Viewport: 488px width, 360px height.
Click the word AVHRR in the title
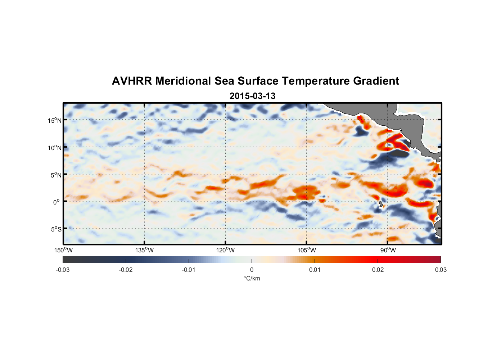click(132, 81)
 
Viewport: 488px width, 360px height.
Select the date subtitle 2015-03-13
click(252, 96)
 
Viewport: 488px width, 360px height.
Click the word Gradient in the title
click(376, 81)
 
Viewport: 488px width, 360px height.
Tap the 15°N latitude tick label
click(55, 120)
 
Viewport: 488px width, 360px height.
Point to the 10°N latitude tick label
click(55, 148)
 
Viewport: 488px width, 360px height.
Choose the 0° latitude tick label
click(56, 202)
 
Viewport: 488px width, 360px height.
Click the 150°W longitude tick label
click(63, 250)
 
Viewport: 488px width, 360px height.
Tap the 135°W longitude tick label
click(144, 250)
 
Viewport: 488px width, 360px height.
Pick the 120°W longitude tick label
click(225, 250)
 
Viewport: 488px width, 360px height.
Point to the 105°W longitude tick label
click(307, 250)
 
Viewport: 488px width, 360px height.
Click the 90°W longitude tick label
click(388, 250)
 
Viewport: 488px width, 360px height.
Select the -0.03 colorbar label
click(63, 270)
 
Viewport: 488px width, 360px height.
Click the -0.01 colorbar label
click(189, 270)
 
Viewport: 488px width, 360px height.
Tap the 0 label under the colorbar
click(252, 270)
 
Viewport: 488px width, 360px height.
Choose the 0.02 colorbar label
click(378, 270)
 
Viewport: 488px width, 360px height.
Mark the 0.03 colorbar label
click(440, 270)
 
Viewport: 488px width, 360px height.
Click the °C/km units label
click(252, 278)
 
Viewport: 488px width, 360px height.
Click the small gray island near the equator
click(380, 204)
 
